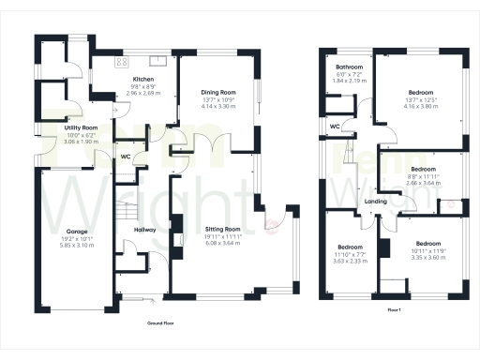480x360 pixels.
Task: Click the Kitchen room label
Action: (x=142, y=79)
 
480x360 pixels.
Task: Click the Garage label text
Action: (x=77, y=231)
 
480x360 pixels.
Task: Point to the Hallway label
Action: (x=144, y=228)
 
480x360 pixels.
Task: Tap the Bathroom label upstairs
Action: (x=351, y=67)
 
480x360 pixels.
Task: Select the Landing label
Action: (x=377, y=202)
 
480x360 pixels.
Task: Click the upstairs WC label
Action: (x=335, y=125)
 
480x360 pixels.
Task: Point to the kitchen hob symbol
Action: (x=121, y=62)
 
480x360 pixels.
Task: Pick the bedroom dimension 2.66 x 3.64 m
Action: (x=418, y=183)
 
